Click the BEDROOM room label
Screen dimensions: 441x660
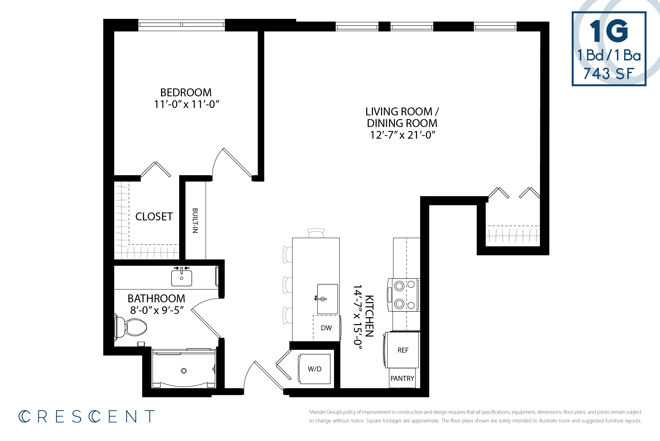click(x=186, y=93)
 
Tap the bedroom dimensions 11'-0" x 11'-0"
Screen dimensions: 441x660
click(x=186, y=104)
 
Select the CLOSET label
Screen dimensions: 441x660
click(x=154, y=217)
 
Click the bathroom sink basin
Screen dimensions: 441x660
click(x=182, y=278)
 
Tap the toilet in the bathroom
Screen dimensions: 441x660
click(x=132, y=327)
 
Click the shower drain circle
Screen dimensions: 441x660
click(x=184, y=371)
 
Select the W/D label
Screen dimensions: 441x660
click(x=315, y=369)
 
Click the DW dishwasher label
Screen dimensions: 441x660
click(x=326, y=328)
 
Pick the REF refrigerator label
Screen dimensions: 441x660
click(x=403, y=350)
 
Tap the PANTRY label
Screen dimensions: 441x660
click(x=402, y=379)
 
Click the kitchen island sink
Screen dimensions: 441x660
click(x=327, y=299)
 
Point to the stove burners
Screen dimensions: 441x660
click(x=404, y=295)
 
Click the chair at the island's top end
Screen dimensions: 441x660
click(x=316, y=233)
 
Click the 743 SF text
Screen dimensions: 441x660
click(x=609, y=74)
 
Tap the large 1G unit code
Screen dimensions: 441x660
click(x=609, y=31)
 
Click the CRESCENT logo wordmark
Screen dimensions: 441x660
click(x=87, y=416)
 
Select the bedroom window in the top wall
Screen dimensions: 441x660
click(x=182, y=25)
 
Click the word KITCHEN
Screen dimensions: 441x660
click(x=369, y=316)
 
